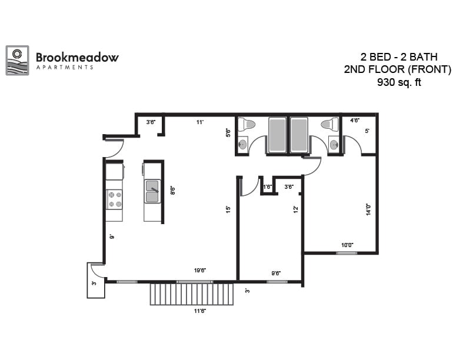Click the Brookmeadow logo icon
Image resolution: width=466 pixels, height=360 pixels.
(x=17, y=61)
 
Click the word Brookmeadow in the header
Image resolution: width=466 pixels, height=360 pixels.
(x=77, y=57)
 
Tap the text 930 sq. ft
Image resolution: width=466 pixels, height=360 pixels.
(x=399, y=82)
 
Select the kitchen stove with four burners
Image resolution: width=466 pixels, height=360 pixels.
(x=114, y=199)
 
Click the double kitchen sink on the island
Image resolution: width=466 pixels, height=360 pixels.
(x=152, y=191)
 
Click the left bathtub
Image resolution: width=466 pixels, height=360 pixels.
(x=277, y=135)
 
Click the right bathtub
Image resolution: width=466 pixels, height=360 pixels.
(x=299, y=135)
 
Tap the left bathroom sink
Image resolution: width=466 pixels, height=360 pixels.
(x=243, y=144)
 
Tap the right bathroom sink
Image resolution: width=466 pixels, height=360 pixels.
(x=334, y=144)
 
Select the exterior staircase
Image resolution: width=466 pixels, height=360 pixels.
(x=192, y=294)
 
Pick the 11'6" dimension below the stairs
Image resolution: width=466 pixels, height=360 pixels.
(x=199, y=311)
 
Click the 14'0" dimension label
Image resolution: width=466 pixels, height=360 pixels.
(x=368, y=209)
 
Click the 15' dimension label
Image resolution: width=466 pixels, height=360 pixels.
(x=228, y=208)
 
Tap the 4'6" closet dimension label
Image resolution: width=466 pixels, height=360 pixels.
(x=355, y=121)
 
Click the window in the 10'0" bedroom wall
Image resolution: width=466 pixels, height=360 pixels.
(x=346, y=253)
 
